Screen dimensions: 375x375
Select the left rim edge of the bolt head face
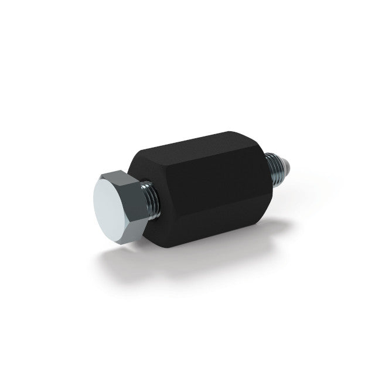pyautogui.click(x=93, y=202)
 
